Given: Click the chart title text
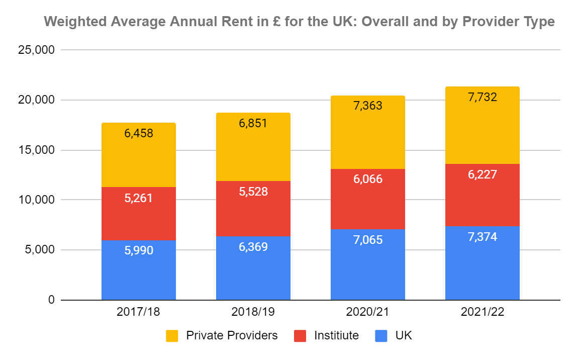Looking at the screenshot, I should [300, 22].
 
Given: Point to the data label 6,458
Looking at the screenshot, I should [139, 134].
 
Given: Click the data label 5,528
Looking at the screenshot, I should [253, 192].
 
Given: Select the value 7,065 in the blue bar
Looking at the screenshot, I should [367, 239].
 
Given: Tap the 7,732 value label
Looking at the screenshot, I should [482, 98].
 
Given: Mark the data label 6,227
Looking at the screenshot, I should [482, 174].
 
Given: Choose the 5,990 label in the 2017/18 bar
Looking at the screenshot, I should [139, 250].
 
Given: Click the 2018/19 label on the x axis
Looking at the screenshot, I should [253, 312].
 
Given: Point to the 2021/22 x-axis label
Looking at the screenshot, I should [482, 312].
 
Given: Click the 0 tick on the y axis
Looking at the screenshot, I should [51, 300].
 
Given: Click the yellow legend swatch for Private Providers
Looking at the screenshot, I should [172, 336].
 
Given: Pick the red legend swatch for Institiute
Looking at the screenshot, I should [300, 336].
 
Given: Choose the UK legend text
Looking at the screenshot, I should [403, 335].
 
